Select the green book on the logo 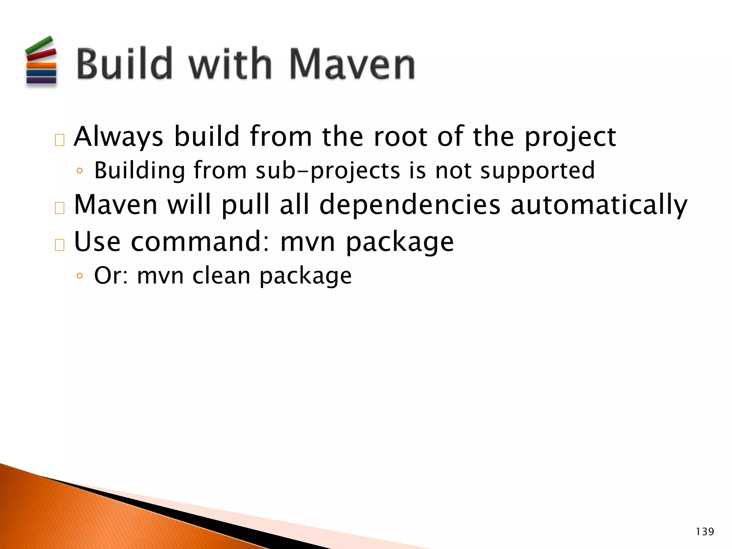tap(39, 45)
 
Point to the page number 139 tap(705, 532)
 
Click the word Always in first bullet tap(118, 137)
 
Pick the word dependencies tap(410, 205)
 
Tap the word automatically tap(599, 205)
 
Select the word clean tap(222, 276)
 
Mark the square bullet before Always tap(60, 140)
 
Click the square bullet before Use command tap(60, 245)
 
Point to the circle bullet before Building tap(79, 171)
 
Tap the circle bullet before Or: tap(79, 276)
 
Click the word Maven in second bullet tap(115, 205)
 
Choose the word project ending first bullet tap(570, 137)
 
